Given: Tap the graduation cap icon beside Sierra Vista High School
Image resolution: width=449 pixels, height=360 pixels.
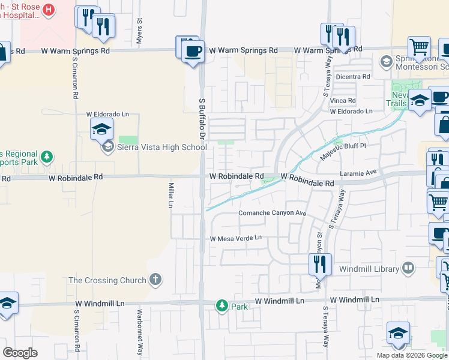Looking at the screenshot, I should click(x=108, y=148).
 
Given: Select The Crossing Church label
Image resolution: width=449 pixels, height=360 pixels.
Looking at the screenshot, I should click(x=107, y=280).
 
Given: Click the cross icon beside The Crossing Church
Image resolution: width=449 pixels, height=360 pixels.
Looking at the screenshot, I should click(x=155, y=280).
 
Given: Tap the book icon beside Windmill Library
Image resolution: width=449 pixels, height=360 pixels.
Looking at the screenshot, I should click(x=409, y=268).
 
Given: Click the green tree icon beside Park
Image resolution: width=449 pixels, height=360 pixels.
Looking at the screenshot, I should click(x=222, y=306).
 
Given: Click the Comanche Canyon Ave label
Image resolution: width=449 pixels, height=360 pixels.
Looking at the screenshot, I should click(x=273, y=213).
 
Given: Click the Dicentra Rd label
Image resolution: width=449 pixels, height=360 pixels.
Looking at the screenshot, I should click(x=353, y=77).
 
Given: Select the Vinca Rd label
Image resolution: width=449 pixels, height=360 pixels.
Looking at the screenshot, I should click(x=343, y=100).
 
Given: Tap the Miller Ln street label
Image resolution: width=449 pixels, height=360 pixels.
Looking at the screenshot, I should click(x=171, y=196).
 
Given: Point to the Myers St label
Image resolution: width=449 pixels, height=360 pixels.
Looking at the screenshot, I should click(x=139, y=28).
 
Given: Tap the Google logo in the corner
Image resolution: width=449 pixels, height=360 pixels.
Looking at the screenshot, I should click(x=20, y=353).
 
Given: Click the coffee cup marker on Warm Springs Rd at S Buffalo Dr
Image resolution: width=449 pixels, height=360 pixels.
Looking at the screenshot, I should click(x=193, y=51).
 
